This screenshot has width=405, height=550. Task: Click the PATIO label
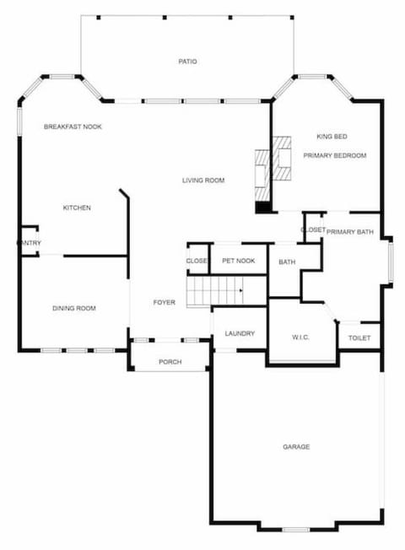click(187, 61)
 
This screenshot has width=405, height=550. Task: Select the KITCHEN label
click(77, 208)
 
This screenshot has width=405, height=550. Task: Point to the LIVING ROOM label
click(203, 180)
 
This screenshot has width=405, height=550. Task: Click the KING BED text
click(332, 137)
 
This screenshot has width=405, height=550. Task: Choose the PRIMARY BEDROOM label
click(335, 155)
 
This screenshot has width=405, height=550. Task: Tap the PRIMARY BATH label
click(349, 232)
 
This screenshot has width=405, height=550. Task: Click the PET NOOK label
click(239, 261)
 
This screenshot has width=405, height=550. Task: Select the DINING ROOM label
click(74, 309)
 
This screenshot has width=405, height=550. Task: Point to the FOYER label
click(164, 302)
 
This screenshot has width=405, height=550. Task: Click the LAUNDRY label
click(240, 334)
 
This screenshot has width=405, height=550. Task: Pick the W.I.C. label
click(301, 337)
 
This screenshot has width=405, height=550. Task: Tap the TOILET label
click(359, 338)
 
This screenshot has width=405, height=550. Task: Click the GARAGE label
click(296, 446)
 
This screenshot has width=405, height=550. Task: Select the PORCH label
click(170, 363)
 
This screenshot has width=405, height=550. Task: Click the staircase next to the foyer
click(214, 291)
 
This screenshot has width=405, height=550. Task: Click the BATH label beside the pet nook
click(287, 262)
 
